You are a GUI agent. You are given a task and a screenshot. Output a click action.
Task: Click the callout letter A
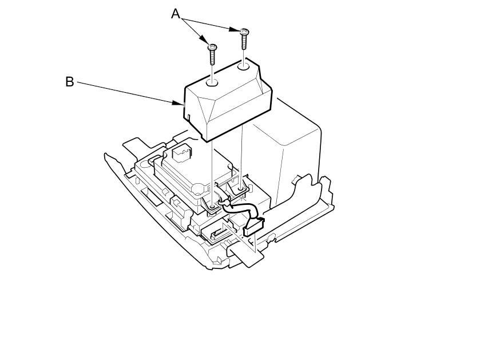coord(176,14)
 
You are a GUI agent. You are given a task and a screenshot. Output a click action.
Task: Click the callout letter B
coord(69,82)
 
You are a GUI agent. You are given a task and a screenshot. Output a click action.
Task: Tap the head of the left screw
coord(212,47)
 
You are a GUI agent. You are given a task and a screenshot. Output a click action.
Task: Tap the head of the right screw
coord(244,31)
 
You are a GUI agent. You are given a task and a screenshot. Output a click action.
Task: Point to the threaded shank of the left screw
coord(212,57)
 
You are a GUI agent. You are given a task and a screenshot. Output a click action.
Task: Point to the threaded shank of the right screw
coord(244,41)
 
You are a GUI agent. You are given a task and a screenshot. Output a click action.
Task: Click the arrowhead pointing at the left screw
coord(204,40)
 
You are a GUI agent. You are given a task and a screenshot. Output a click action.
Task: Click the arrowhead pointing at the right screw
coord(235,30)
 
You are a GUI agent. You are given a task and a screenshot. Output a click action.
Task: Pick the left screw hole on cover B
coord(212,83)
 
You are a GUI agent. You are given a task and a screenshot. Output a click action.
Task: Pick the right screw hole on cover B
coord(244,66)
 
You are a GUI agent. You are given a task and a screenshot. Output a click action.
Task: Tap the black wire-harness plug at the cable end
coord(253,227)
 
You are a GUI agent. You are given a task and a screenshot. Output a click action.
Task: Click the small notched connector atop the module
coord(182,153)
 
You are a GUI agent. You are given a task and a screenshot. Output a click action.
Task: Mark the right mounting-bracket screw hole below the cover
coord(241,189)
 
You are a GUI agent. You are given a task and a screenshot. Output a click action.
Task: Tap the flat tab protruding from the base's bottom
coord(245,255)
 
